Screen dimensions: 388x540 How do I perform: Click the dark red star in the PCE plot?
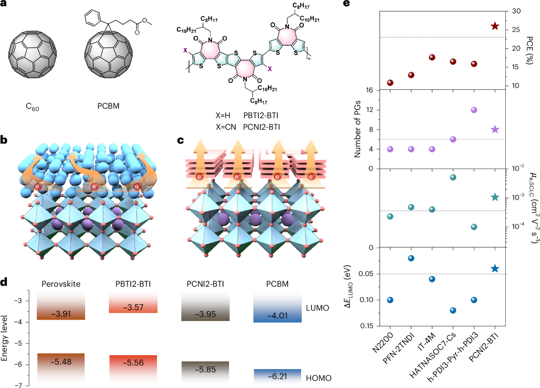(x=495, y=27)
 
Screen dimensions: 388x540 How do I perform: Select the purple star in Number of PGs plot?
(x=495, y=129)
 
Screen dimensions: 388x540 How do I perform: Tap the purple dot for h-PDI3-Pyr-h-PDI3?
(x=473, y=110)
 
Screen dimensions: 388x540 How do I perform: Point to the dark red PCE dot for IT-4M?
(x=432, y=58)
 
